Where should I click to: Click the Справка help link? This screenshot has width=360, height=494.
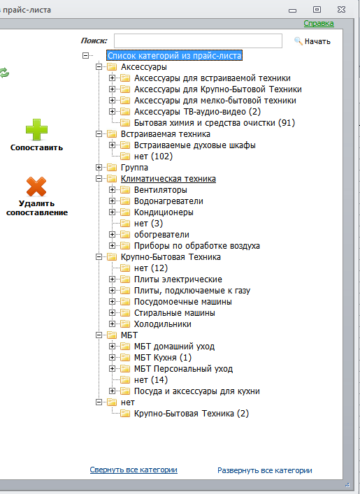click(x=319, y=23)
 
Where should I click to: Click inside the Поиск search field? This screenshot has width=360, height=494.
click(x=198, y=41)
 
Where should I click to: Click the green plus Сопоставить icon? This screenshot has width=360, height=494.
click(x=36, y=129)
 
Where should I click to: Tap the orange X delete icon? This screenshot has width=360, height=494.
click(x=36, y=187)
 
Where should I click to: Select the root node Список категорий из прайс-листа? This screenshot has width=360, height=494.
click(x=174, y=56)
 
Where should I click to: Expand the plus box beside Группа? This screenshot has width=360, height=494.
click(x=99, y=167)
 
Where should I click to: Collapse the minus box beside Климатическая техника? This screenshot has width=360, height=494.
click(x=99, y=179)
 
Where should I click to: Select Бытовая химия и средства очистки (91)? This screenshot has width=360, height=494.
click(x=215, y=123)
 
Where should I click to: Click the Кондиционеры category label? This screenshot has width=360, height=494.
click(x=164, y=212)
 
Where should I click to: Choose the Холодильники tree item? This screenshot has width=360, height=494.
click(x=163, y=324)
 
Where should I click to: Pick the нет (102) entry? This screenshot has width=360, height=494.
click(x=153, y=157)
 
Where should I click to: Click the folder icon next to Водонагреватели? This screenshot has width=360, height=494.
click(x=125, y=201)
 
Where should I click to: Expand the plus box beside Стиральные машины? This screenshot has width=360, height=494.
click(x=113, y=313)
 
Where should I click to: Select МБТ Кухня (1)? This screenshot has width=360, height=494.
click(x=163, y=358)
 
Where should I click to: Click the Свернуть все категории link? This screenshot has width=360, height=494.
click(x=134, y=470)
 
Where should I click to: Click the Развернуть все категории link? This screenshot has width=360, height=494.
click(x=265, y=470)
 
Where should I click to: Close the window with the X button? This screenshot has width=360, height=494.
click(x=341, y=10)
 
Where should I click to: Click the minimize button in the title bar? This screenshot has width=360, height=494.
click(x=292, y=10)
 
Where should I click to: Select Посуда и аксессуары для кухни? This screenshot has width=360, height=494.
click(x=197, y=391)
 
